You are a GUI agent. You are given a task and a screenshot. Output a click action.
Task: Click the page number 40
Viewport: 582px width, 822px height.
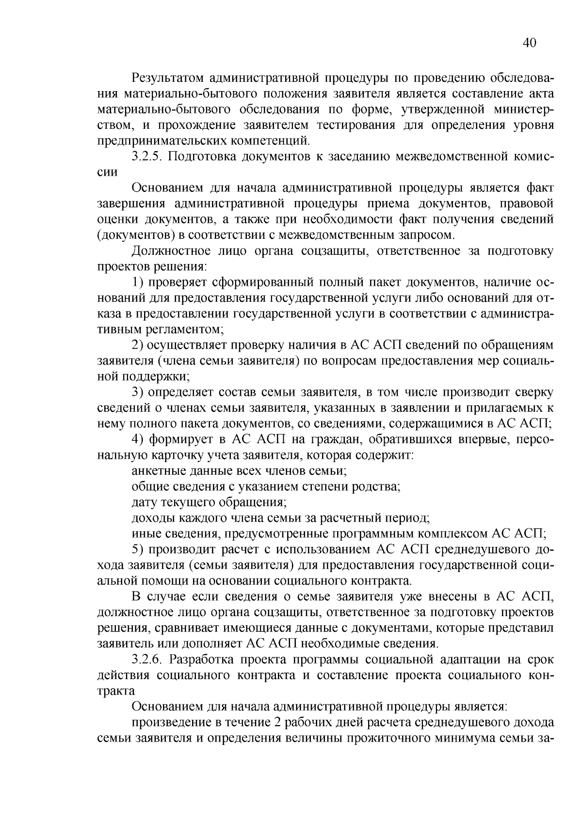(x=529, y=43)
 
